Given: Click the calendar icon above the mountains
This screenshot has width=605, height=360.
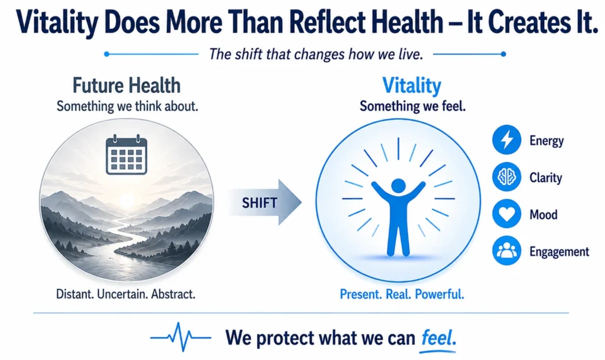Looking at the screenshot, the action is pyautogui.click(x=126, y=155).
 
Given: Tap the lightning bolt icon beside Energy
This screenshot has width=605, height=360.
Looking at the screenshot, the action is pyautogui.click(x=506, y=140).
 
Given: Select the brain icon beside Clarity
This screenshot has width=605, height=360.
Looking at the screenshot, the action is pyautogui.click(x=506, y=177).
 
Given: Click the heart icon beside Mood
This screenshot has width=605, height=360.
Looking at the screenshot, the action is pyautogui.click(x=506, y=214).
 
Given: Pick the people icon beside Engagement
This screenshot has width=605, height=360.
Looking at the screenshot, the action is pyautogui.click(x=506, y=251).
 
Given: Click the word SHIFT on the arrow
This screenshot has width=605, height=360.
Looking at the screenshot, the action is pyautogui.click(x=259, y=203).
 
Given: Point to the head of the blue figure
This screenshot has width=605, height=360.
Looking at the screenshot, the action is pyautogui.click(x=399, y=186).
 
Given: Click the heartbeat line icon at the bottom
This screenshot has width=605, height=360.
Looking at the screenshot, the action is pyautogui.click(x=181, y=337).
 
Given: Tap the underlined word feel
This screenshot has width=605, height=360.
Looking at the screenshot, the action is pyautogui.click(x=439, y=338).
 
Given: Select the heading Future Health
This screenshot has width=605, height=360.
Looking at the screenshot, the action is pyautogui.click(x=126, y=86).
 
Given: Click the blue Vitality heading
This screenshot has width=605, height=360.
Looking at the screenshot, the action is pyautogui.click(x=412, y=86).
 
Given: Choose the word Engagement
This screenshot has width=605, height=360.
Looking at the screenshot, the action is pyautogui.click(x=559, y=252).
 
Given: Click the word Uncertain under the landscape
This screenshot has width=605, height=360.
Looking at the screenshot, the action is pyautogui.click(x=122, y=294).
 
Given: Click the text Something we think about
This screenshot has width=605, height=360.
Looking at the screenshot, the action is pyautogui.click(x=128, y=106).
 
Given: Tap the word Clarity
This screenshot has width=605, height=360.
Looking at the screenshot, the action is pyautogui.click(x=545, y=178).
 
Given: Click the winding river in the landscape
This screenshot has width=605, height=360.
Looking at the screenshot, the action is pyautogui.click(x=116, y=247).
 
